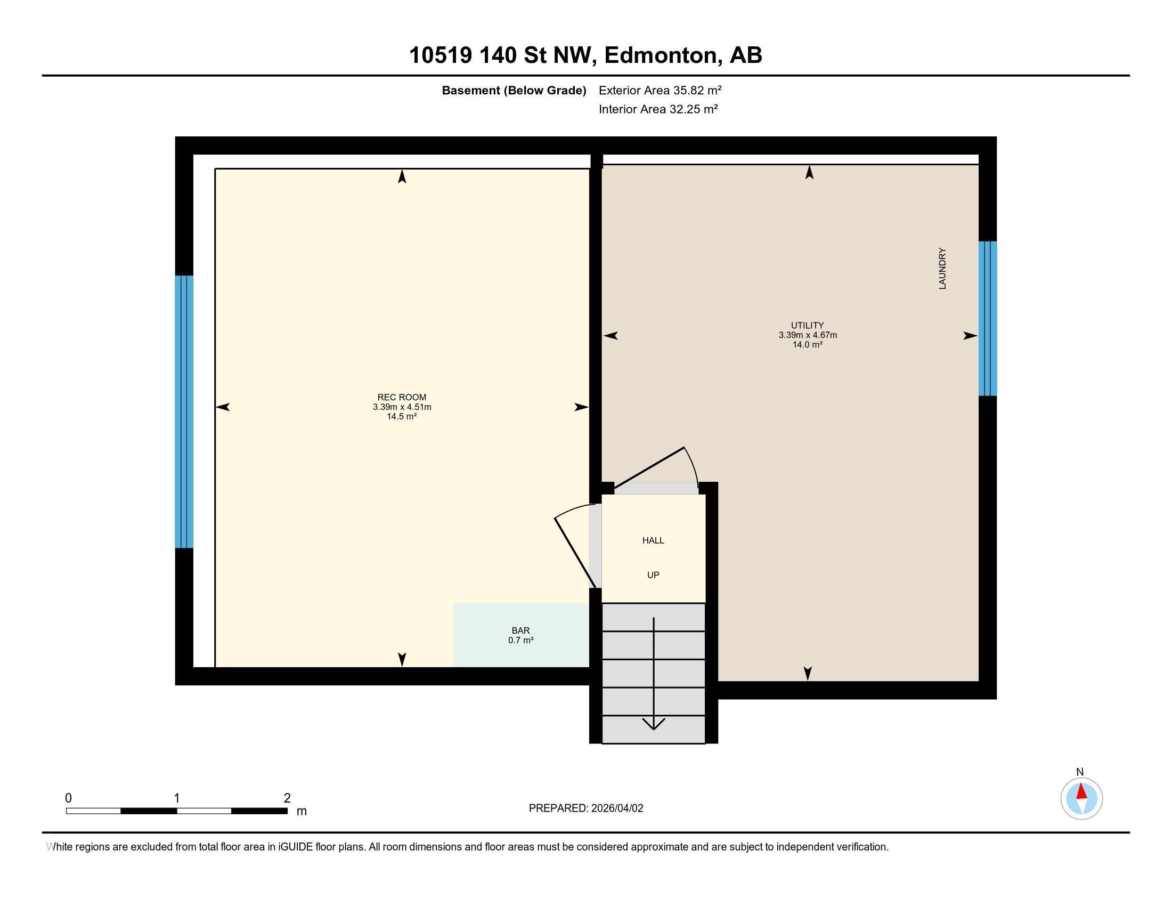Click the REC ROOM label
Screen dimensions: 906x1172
click(401, 397)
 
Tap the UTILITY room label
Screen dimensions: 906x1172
click(807, 325)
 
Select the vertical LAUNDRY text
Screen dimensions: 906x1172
click(942, 269)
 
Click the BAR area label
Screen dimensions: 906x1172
click(520, 630)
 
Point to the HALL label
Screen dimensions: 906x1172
click(653, 540)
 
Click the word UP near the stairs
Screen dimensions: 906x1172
click(653, 575)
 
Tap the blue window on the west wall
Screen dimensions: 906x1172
click(184, 411)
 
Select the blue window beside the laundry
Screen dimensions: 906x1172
click(987, 318)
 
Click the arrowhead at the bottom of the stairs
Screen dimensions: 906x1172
click(654, 724)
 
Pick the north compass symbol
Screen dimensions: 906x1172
click(1081, 798)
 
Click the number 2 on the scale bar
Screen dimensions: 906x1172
click(287, 798)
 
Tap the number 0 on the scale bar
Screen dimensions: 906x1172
click(68, 798)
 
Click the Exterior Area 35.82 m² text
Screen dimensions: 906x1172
click(660, 90)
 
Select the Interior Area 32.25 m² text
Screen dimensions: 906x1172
click(658, 109)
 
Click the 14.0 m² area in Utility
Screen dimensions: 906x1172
click(808, 345)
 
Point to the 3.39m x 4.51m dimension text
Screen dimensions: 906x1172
click(402, 407)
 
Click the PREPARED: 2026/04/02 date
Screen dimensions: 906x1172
click(586, 808)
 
